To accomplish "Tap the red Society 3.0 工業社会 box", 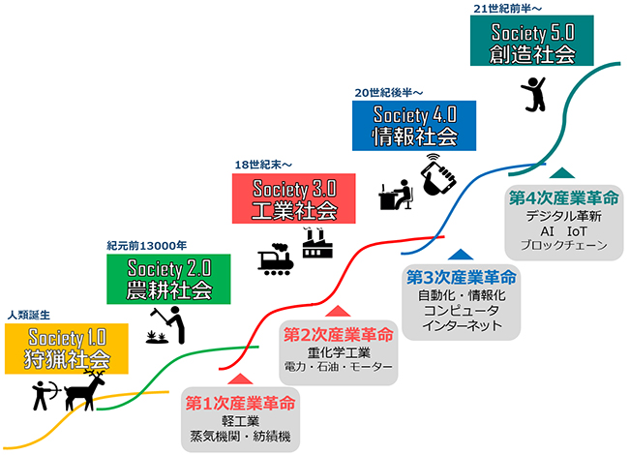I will click(x=285, y=197).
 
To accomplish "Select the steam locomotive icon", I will click(x=275, y=258).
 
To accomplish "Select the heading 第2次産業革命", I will click(x=338, y=334).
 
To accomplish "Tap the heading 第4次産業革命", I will click(x=563, y=197).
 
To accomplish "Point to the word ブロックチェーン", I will click(x=563, y=246).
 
